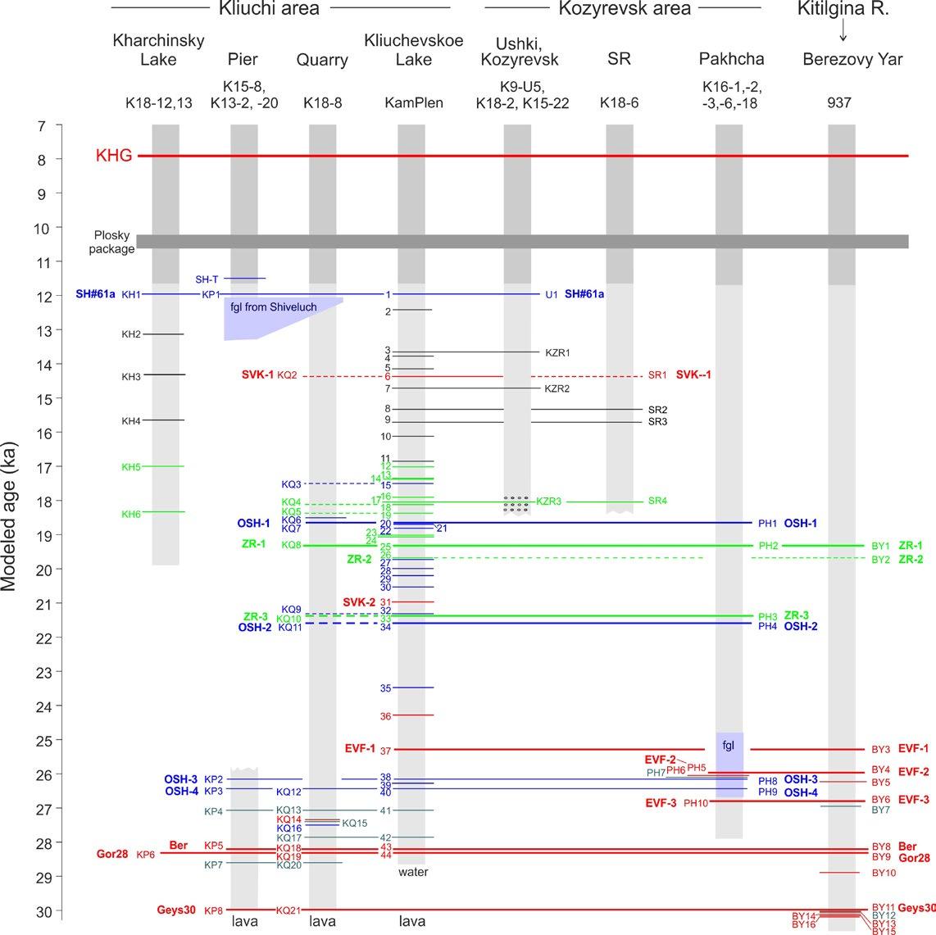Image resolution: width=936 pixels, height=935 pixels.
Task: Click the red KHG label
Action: click(x=114, y=156)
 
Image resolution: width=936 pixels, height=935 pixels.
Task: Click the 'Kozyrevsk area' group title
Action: click(x=625, y=9)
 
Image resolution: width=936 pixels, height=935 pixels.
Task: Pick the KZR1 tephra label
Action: click(x=557, y=353)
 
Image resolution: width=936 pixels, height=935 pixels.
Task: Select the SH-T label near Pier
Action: click(x=208, y=279)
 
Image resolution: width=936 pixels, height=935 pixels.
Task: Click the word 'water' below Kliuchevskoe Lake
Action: click(x=412, y=872)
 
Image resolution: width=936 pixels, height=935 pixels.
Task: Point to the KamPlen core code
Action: click(x=415, y=103)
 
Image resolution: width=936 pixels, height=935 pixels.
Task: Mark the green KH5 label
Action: click(x=131, y=467)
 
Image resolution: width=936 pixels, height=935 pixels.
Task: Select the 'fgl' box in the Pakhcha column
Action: click(x=729, y=747)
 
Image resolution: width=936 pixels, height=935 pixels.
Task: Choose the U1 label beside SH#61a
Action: click(x=551, y=294)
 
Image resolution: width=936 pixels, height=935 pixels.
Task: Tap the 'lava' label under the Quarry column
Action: click(x=323, y=922)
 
